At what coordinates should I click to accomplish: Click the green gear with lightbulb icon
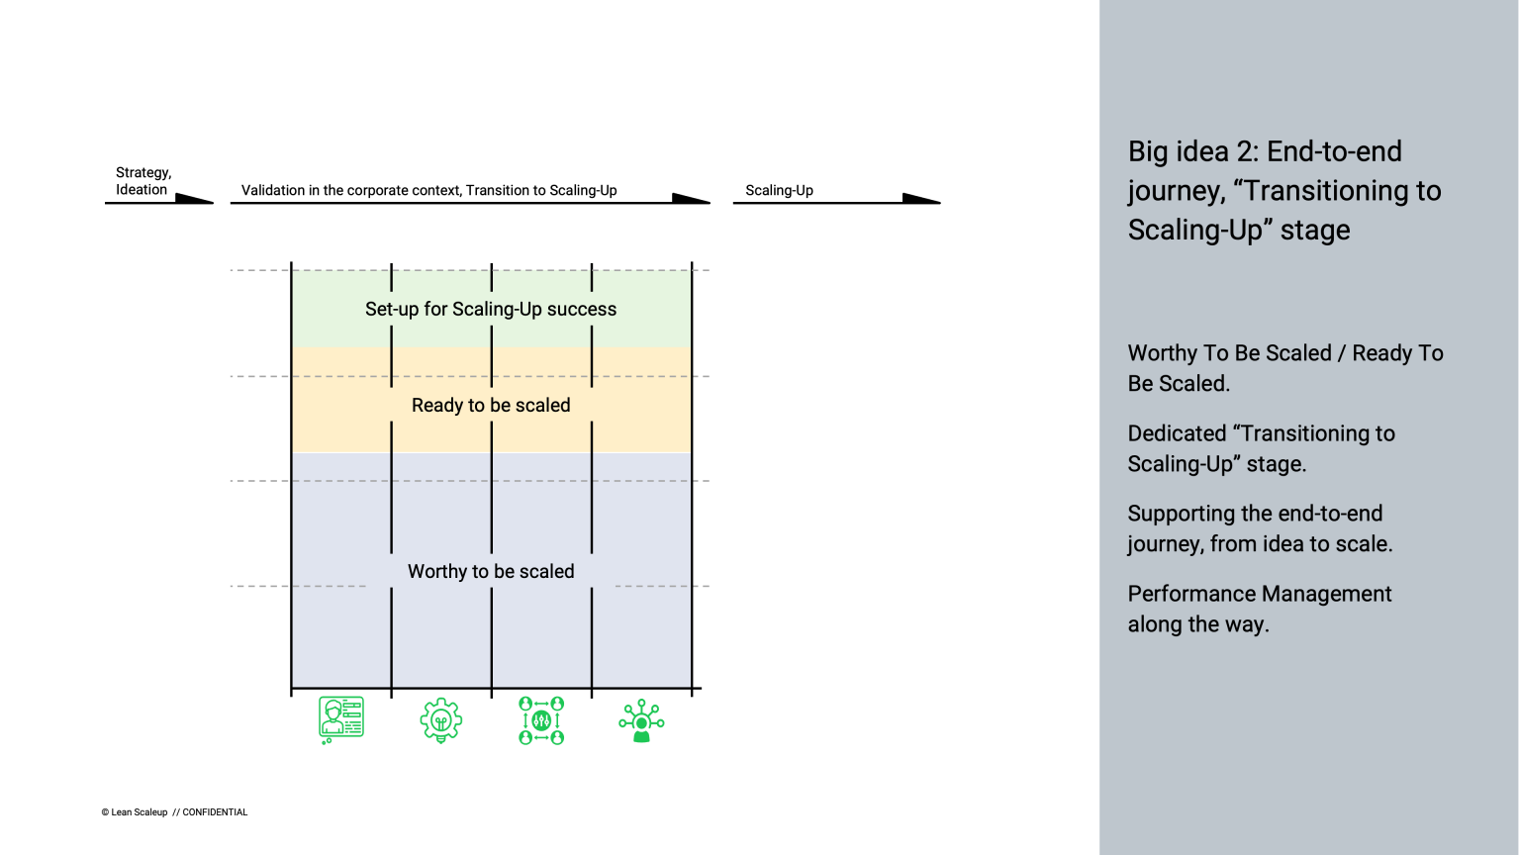pos(440,720)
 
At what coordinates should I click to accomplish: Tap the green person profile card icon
pos(341,719)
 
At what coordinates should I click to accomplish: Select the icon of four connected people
pos(541,720)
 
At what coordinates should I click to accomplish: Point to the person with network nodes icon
pos(641,720)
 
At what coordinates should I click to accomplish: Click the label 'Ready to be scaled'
pos(491,406)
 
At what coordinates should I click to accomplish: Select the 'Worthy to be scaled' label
pos(491,572)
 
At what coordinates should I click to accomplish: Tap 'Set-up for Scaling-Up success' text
pos(491,310)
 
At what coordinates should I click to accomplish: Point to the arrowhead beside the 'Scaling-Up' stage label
pos(920,198)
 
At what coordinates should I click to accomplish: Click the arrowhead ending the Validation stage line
pos(691,198)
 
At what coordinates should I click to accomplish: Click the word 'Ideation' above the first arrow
pos(142,190)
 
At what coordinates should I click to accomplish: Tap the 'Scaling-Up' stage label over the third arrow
pos(779,190)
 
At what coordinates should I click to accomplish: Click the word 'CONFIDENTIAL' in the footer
pos(215,812)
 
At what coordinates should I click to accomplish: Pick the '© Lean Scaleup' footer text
pos(135,812)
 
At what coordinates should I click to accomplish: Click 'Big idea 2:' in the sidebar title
pos(1192,151)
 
